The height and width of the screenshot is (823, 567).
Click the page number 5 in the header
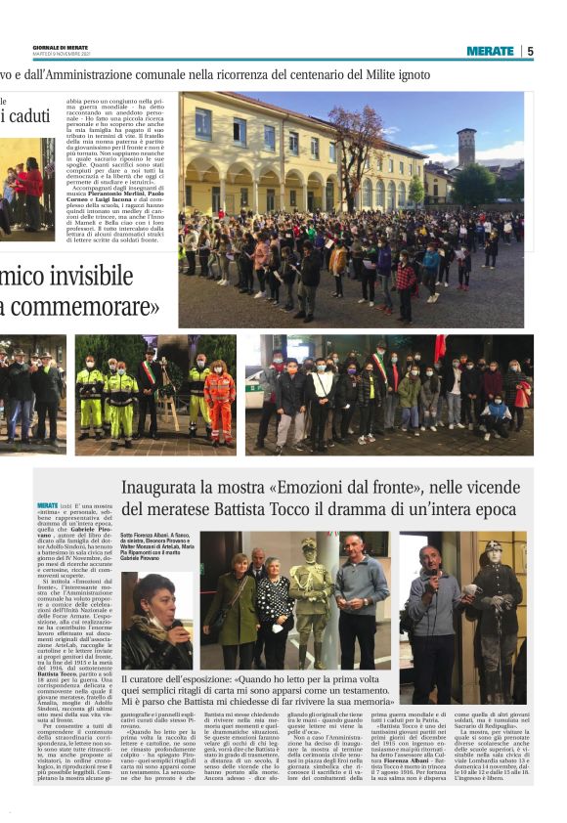(530, 51)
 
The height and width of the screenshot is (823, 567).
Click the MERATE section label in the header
(490, 51)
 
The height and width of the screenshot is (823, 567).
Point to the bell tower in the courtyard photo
(466, 147)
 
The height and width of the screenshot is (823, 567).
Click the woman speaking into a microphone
(154, 626)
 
